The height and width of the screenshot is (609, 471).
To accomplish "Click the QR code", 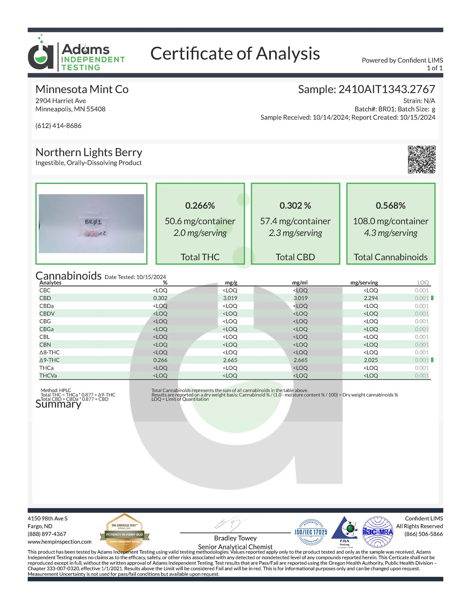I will [421, 159].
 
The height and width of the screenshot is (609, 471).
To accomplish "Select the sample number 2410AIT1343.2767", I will [387, 89].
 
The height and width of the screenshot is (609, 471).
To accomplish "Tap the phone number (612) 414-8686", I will [58, 126].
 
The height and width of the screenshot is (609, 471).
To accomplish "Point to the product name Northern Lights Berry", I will [89, 152].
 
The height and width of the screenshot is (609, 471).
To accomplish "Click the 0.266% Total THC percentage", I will [200, 205].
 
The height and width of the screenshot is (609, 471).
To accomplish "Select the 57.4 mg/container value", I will [295, 221].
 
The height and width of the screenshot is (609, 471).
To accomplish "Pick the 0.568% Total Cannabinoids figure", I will [390, 205].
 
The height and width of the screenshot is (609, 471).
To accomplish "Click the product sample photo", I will [91, 223].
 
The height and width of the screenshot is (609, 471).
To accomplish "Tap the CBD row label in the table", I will [45, 298].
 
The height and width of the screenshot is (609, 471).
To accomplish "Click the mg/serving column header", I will [364, 282].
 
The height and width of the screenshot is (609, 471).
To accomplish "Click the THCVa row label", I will [48, 375].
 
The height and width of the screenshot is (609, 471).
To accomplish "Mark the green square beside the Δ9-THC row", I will [432, 360].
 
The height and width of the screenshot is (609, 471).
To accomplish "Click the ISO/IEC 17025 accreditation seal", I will [311, 532].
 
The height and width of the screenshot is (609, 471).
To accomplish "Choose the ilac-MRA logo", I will [378, 532].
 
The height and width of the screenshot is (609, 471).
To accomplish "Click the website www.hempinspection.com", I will [59, 542].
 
